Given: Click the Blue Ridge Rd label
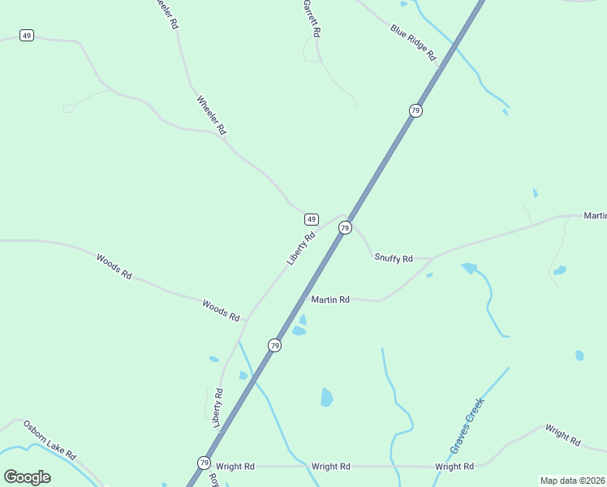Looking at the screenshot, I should click(413, 43).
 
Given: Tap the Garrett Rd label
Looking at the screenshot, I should click(312, 18).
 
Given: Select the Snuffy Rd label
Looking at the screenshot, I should click(394, 258).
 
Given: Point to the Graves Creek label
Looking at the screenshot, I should click(467, 425).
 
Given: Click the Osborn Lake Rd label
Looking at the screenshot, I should click(50, 439).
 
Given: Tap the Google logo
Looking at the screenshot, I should click(27, 476).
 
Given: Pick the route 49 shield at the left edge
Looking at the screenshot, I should click(27, 36).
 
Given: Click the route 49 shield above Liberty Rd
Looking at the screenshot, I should click(311, 219).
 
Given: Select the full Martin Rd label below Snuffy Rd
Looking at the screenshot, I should click(330, 300).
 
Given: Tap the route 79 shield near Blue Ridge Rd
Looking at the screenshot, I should click(415, 110).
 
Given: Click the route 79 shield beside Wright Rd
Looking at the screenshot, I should click(203, 463).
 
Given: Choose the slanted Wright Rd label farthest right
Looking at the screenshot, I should click(562, 435).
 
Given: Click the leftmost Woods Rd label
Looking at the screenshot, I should click(114, 266).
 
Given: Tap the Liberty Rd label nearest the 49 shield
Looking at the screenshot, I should click(300, 248).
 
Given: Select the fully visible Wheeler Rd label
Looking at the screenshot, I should click(211, 115).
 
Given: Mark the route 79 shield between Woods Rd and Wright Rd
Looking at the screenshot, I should click(274, 346).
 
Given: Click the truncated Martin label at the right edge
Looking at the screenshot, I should click(595, 215).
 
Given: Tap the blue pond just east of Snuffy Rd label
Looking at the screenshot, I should click(469, 268).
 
